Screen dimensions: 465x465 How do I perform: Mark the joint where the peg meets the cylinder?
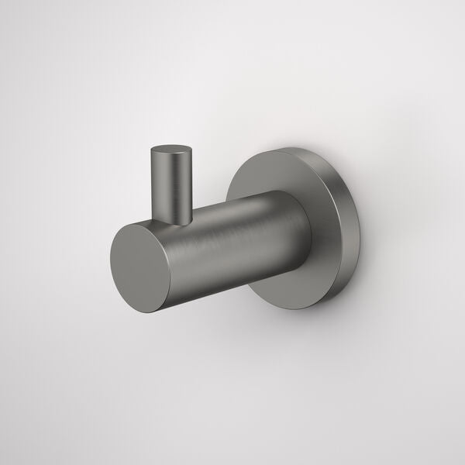click(175, 222)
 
